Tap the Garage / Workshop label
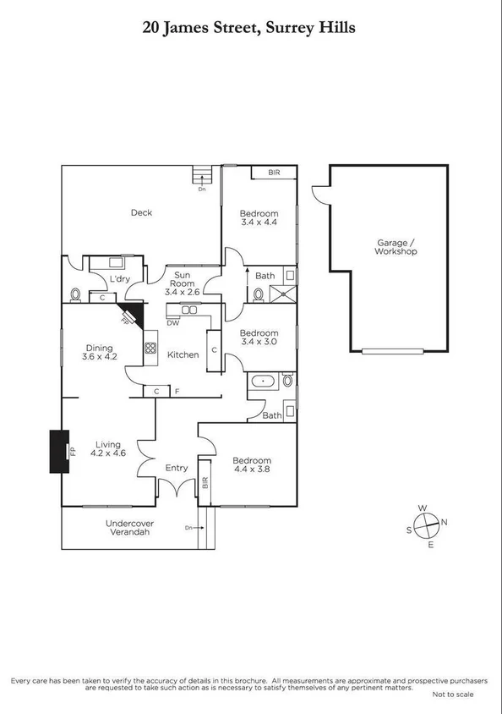[x=396, y=246]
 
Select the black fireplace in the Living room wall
[x=59, y=452]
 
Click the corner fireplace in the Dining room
[x=131, y=315]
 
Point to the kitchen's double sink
[x=188, y=310]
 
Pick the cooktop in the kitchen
[x=150, y=348]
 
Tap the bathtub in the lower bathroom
[x=265, y=382]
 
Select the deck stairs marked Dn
[x=202, y=175]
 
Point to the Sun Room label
[x=182, y=280]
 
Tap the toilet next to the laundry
[x=77, y=294]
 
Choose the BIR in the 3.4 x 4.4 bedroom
[x=274, y=173]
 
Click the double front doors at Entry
[x=176, y=489]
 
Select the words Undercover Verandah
[x=128, y=528]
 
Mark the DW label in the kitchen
[x=172, y=322]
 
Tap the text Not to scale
[x=452, y=695]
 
